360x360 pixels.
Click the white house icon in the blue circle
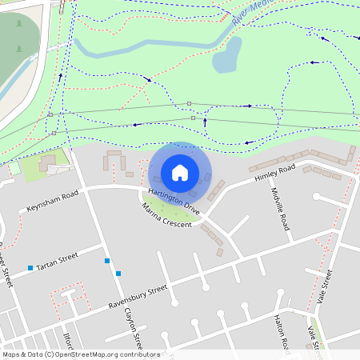(180, 172)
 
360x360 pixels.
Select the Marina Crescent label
(167, 216)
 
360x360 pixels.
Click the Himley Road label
(275, 173)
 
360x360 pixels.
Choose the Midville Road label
(286, 210)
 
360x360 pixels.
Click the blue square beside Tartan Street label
(30, 267)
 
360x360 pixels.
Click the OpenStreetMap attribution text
(80, 354)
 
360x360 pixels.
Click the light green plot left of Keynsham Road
(36, 169)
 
